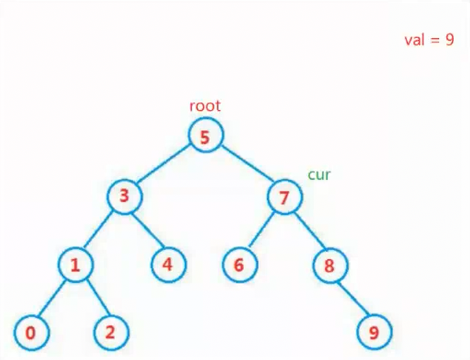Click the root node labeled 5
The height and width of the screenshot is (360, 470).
(205, 136)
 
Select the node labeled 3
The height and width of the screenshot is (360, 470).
(124, 196)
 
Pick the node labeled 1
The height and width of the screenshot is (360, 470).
(75, 265)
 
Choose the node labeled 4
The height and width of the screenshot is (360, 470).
(167, 265)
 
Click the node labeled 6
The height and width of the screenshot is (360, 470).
(240, 265)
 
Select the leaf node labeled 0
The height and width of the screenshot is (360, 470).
(30, 332)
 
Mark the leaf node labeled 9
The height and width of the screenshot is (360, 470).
(374, 333)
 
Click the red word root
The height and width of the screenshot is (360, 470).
(205, 106)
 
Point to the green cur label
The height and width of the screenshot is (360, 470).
(319, 174)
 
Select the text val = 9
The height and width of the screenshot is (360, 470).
(429, 40)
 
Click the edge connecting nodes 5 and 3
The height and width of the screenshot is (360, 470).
(164, 166)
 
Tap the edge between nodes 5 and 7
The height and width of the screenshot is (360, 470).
(245, 167)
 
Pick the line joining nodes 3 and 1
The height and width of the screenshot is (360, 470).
(100, 230)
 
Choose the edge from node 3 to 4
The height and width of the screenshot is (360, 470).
(146, 230)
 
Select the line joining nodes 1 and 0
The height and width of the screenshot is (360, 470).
(53, 299)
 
